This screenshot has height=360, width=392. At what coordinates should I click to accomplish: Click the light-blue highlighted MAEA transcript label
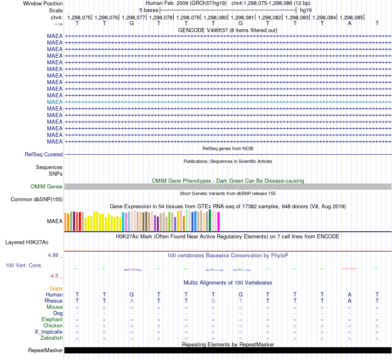coord(55,102)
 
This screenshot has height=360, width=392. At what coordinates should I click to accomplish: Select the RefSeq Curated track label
coord(44,154)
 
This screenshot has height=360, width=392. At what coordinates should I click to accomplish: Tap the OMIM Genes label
coord(47,187)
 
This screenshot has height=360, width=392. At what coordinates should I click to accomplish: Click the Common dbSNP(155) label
coord(37,199)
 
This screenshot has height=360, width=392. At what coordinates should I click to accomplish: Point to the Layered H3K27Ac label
coord(27,242)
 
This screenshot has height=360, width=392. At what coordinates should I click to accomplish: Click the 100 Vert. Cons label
coord(23,265)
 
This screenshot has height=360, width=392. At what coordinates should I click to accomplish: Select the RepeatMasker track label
coord(45,350)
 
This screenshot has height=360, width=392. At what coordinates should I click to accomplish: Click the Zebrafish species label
coord(52,338)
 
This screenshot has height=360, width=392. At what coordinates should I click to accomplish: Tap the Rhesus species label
coord(54,301)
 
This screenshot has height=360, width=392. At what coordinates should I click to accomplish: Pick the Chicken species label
coord(53,325)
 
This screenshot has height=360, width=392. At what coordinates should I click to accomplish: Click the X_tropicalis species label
coord(49,332)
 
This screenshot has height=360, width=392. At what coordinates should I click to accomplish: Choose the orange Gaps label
coord(56,289)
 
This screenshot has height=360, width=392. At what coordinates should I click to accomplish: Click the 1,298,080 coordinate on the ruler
coord(215,17)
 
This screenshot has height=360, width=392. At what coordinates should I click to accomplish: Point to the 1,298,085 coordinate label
coord(351,17)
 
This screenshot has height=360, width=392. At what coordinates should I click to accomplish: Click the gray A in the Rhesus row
coord(132,301)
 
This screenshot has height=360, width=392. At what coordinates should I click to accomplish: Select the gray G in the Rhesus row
coord(213,301)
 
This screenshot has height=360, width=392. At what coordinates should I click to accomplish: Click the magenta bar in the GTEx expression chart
coord(219,221)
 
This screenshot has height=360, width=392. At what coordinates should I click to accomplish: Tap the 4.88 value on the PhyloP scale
coord(53,255)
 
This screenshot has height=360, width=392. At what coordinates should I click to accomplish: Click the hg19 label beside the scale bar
coord(306,10)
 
